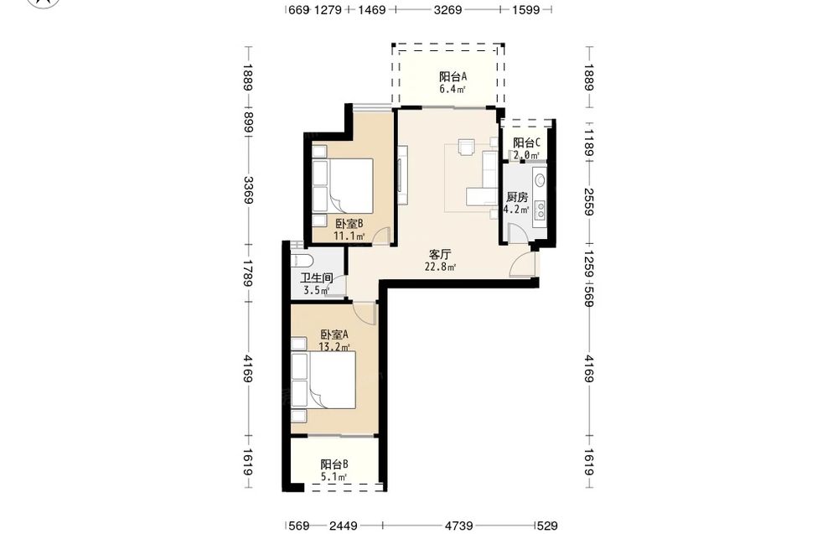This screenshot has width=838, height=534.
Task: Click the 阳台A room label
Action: point(453,76)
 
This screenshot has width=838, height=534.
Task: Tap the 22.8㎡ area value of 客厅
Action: point(440,267)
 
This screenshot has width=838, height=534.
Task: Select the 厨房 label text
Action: point(517,197)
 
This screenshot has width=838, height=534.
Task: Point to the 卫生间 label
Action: point(317,278)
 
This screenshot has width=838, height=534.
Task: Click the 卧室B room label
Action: point(349,224)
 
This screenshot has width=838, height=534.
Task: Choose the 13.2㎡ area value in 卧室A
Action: point(334,347)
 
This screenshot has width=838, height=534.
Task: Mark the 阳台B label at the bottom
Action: point(334,464)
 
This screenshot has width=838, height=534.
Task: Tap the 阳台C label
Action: point(526,143)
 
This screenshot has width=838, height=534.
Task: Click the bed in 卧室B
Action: point(350,186)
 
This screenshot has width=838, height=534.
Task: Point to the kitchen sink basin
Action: point(540,178)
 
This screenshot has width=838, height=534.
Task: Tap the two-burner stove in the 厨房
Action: point(541,210)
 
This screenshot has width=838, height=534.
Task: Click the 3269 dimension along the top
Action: point(447,9)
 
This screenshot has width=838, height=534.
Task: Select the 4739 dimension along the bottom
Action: point(458,526)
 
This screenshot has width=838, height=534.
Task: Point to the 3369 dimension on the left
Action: point(248,189)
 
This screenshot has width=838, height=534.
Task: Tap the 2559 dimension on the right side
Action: point(589,201)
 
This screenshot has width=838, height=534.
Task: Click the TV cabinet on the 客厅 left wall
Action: point(402,174)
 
